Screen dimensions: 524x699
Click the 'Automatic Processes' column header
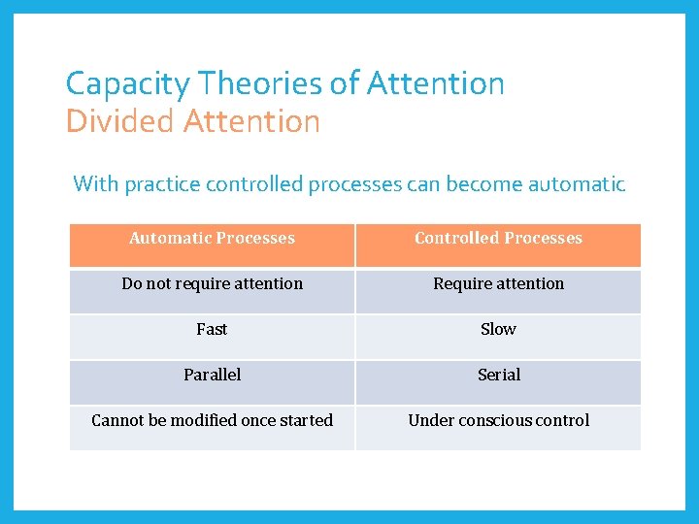pyautogui.click(x=212, y=239)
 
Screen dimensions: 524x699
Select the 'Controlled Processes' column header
pyautogui.click(x=498, y=239)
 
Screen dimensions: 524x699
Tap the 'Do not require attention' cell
pyautogui.click(x=212, y=284)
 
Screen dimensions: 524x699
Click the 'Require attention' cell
pyautogui.click(x=498, y=284)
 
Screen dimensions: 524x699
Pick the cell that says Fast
pyautogui.click(x=212, y=330)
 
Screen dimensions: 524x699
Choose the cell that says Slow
pyautogui.click(x=498, y=330)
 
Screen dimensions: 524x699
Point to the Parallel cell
pyautogui.click(x=212, y=376)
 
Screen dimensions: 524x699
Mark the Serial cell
pyautogui.click(x=498, y=376)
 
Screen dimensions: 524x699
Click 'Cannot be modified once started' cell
pyautogui.click(x=212, y=421)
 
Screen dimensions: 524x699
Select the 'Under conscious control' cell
pyautogui.click(x=498, y=421)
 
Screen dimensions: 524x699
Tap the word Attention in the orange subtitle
pyautogui.click(x=251, y=122)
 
